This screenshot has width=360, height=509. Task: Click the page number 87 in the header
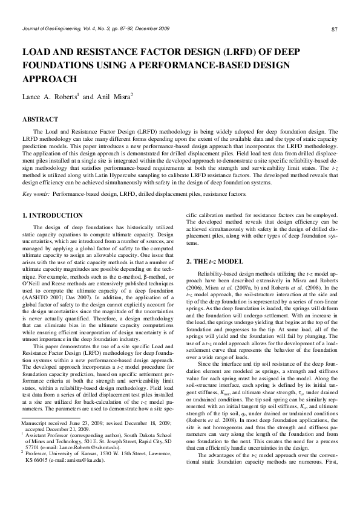point(335,30)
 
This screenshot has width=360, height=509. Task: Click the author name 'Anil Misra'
point(113,97)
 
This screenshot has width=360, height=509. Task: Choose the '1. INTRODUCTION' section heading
point(52,216)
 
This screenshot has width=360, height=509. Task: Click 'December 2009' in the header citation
point(152,29)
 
